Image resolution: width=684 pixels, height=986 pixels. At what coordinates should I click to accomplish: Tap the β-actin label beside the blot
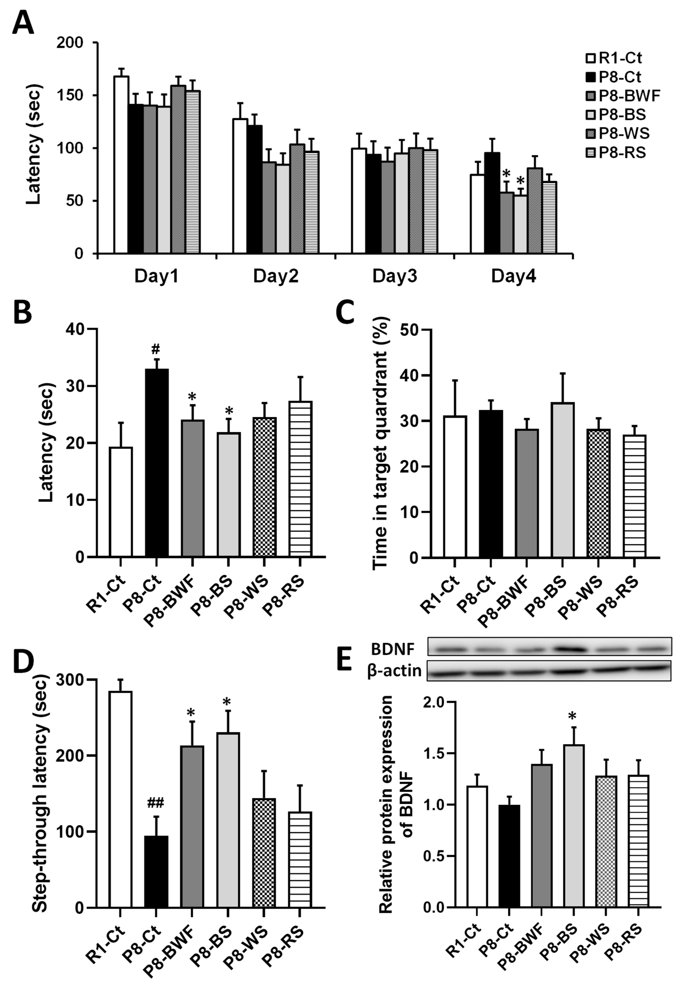pos(394,670)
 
